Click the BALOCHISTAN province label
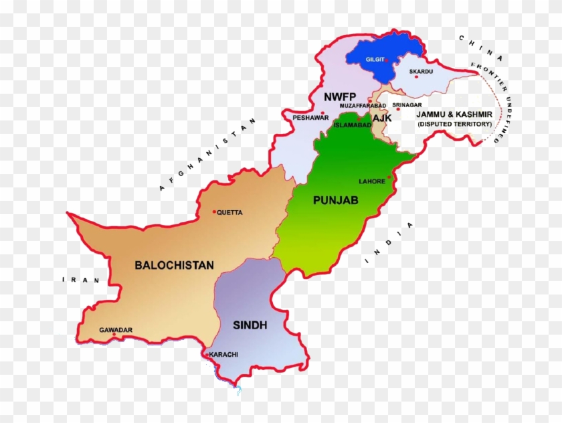click(175, 265)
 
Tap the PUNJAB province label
click(336, 200)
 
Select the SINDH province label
click(250, 325)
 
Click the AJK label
click(382, 118)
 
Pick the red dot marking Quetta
click(214, 212)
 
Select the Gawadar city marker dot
click(114, 335)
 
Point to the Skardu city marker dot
click(416, 76)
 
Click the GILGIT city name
click(374, 60)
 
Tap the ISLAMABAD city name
click(352, 124)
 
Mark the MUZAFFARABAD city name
click(363, 106)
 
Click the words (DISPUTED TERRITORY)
click(454, 124)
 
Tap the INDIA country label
click(389, 244)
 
